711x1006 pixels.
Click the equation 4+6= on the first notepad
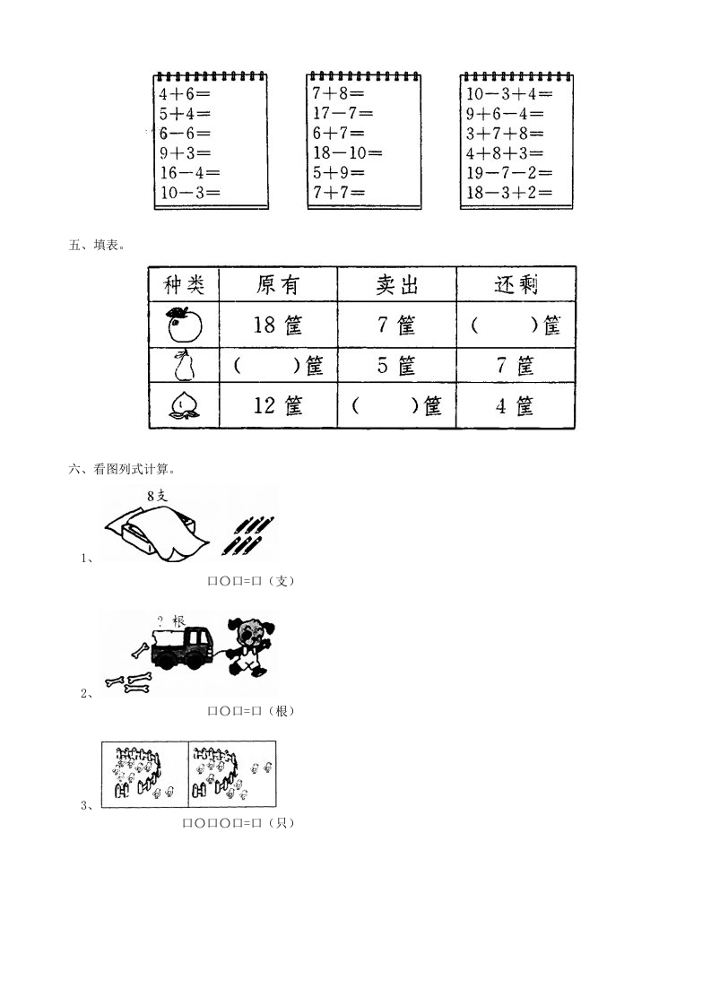coord(185,93)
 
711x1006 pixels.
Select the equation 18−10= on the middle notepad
coord(347,152)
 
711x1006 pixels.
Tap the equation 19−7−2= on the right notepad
coord(509,172)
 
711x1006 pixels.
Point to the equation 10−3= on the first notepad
coord(190,193)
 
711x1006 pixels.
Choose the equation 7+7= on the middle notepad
coord(339,192)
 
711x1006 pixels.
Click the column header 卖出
coord(396,284)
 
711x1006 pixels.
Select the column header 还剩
coord(516,284)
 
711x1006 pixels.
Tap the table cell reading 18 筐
coord(277,325)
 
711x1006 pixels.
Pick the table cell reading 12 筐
coord(277,405)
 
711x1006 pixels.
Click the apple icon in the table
coord(184,324)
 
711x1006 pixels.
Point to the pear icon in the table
coord(185,365)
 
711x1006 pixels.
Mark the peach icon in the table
coord(184,405)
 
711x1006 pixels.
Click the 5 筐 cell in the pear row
coord(396,365)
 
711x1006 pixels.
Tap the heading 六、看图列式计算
coord(122,469)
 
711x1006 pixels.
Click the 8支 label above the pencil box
coord(157,495)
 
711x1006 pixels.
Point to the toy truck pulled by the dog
coord(182,648)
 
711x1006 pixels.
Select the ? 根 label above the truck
coord(170,621)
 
